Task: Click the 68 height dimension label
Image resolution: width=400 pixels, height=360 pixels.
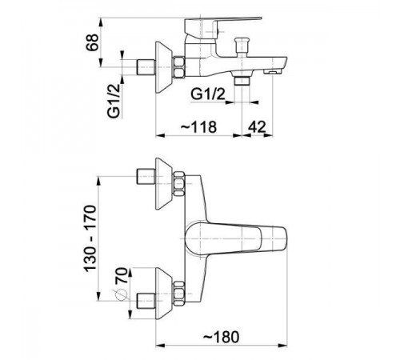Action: tap(92, 42)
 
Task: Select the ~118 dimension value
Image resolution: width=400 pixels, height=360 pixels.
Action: tap(199, 127)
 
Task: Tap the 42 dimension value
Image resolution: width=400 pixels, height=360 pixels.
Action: tap(257, 127)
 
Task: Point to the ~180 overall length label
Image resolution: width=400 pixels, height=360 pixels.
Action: tap(222, 337)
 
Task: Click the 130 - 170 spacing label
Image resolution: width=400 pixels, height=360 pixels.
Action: tap(90, 238)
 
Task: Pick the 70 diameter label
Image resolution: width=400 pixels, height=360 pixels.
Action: tap(122, 276)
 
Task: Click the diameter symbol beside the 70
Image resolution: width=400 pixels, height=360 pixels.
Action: tap(119, 294)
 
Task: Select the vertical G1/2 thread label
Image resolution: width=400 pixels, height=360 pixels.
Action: tap(114, 101)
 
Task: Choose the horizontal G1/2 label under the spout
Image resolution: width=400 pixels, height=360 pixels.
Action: tap(208, 94)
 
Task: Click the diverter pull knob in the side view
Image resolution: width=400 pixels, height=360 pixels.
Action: tap(242, 47)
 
